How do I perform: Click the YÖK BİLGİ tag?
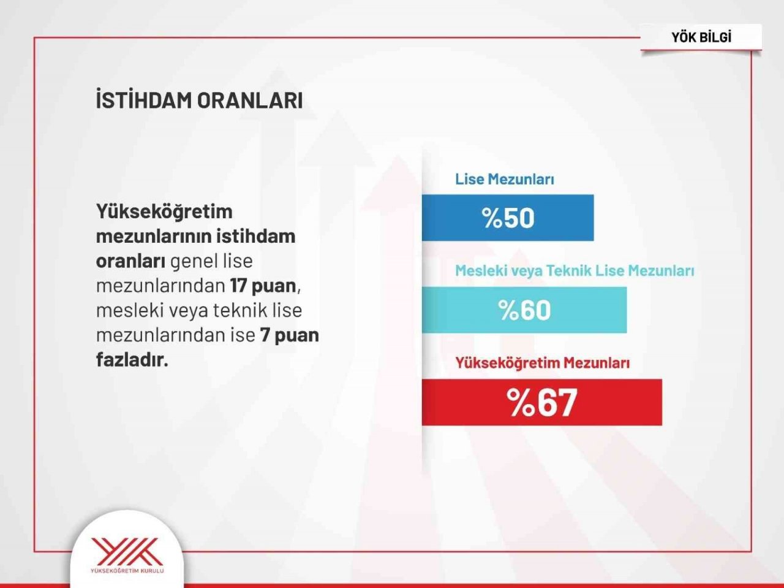[701, 37]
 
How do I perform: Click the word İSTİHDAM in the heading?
[144, 101]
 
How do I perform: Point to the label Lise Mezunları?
[504, 180]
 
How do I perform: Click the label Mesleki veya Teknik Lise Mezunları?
[574, 271]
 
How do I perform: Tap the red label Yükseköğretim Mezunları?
[542, 363]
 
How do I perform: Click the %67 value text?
[541, 402]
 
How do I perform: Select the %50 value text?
[508, 218]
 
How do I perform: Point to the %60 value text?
[524, 310]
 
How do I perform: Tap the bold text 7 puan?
[289, 335]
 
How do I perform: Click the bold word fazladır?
[132, 359]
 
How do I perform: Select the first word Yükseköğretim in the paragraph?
[164, 212]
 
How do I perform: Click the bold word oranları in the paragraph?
[130, 261]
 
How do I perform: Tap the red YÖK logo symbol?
[126, 551]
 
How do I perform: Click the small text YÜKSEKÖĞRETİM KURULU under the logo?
[127, 571]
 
